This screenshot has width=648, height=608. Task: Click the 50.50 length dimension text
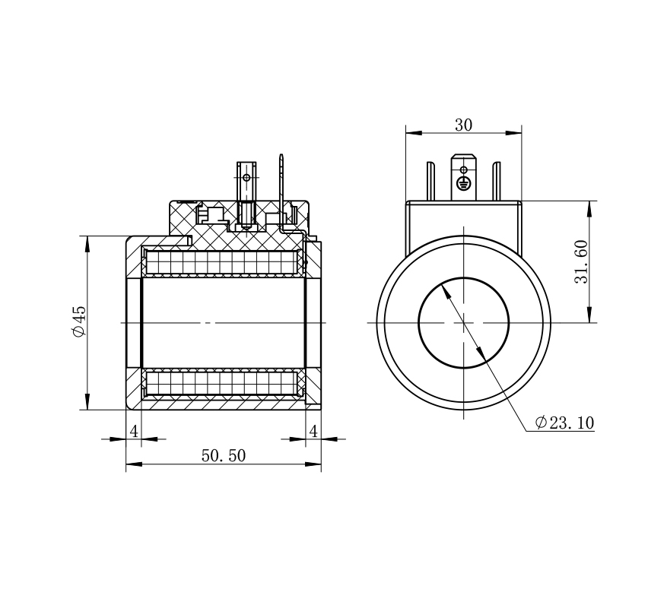point(223,455)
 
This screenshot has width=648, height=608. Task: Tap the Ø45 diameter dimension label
point(78,321)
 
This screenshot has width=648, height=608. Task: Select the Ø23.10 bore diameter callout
point(564,423)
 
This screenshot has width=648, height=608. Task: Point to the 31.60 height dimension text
point(581,261)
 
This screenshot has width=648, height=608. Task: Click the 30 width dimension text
point(463,125)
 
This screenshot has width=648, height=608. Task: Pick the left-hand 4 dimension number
point(134,431)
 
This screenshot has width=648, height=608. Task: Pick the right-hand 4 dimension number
point(313,431)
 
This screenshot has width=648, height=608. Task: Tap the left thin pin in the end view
point(431,182)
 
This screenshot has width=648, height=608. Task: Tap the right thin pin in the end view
point(496,182)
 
